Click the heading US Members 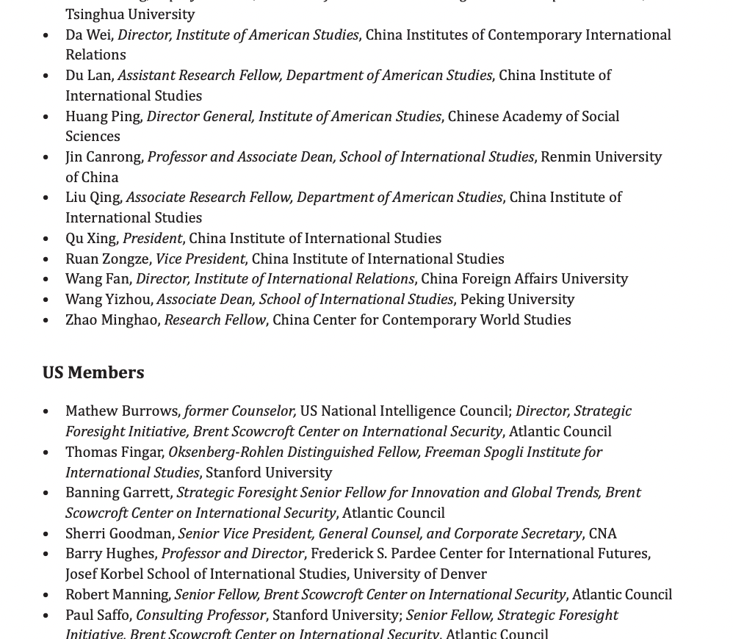(x=93, y=372)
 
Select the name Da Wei (x=89, y=35)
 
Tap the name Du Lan (x=89, y=75)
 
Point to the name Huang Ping (x=103, y=116)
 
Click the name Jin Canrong (x=104, y=156)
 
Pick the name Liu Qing (x=93, y=197)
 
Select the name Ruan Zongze (x=107, y=259)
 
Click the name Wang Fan (x=98, y=278)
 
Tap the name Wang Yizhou (x=108, y=299)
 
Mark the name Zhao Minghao (x=112, y=319)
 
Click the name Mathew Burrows (x=122, y=411)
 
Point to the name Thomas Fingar (x=114, y=452)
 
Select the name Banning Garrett (x=118, y=492)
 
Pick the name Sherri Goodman (x=119, y=533)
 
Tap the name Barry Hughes (x=110, y=553)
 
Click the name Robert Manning (x=117, y=594)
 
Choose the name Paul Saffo (x=98, y=615)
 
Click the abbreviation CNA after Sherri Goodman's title (x=602, y=533)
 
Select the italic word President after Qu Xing (x=152, y=238)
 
